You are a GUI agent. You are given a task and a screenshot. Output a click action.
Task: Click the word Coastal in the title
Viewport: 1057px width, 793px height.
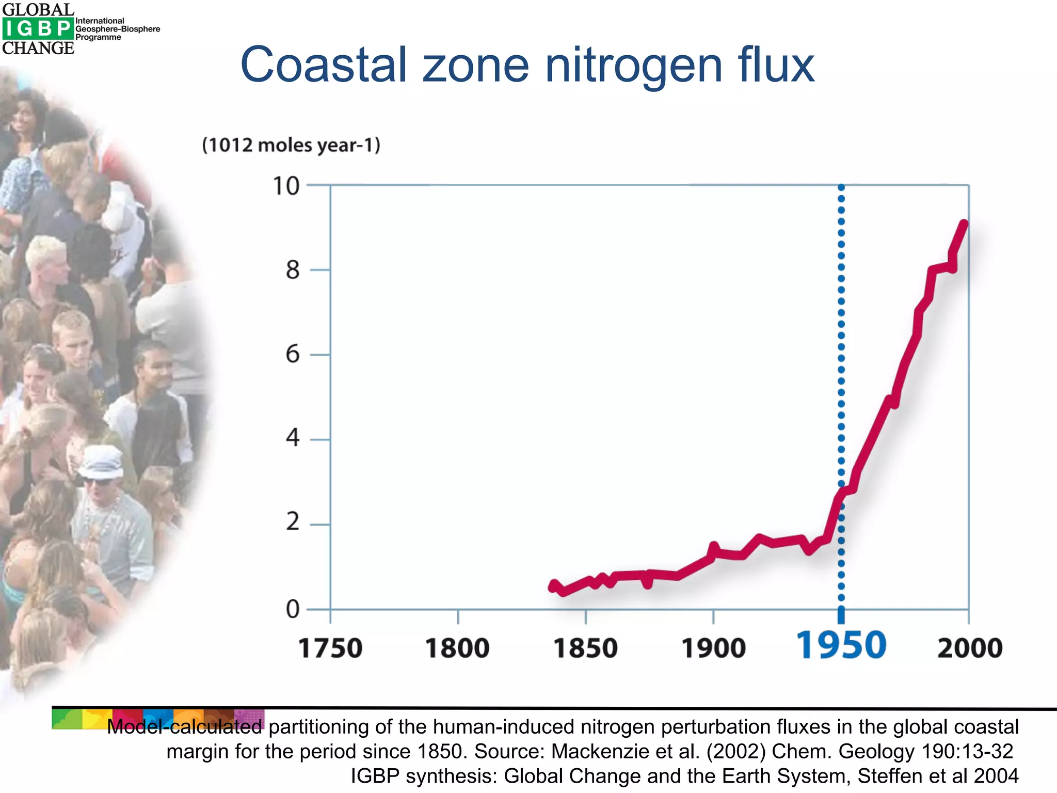[324, 65]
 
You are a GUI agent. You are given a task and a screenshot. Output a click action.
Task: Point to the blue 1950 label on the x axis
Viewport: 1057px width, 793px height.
[841, 646]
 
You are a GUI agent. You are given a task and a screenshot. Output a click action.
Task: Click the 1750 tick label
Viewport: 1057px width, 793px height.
[330, 648]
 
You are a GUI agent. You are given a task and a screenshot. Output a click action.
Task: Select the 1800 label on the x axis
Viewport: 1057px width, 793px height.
[457, 648]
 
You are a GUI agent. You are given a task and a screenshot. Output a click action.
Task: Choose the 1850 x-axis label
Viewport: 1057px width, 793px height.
[585, 648]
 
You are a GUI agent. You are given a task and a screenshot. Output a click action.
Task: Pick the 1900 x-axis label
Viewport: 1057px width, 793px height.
[713, 648]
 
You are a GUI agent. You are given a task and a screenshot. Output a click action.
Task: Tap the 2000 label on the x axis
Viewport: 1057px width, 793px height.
[970, 648]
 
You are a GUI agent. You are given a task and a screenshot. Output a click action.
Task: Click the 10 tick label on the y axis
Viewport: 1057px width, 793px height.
[286, 186]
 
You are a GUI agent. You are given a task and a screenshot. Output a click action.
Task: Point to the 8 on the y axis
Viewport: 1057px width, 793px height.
[293, 270]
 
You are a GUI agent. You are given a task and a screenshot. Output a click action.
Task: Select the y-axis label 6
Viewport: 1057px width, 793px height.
[293, 355]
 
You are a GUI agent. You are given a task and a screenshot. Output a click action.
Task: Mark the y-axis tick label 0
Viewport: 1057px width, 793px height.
[293, 610]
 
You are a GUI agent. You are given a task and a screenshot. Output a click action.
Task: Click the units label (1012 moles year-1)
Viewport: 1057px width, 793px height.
[291, 145]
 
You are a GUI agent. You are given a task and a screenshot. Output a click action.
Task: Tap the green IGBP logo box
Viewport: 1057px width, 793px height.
[38, 29]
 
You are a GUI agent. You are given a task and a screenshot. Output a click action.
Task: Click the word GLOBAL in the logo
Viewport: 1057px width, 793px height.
[38, 9]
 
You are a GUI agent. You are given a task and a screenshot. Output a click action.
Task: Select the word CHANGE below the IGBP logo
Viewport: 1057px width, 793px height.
[38, 48]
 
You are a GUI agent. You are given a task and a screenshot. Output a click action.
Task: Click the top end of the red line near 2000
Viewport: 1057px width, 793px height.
[963, 224]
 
